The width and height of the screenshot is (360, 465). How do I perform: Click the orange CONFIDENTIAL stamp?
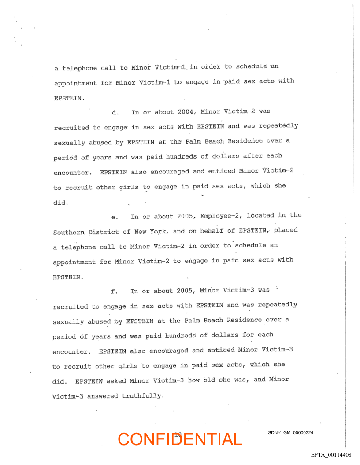pyautogui.click(x=180, y=439)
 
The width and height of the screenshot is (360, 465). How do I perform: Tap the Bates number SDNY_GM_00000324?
pyautogui.click(x=290, y=433)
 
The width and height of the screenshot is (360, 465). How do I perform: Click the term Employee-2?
pyautogui.click(x=221, y=216)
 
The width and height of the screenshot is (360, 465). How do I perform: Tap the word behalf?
pyautogui.click(x=212, y=231)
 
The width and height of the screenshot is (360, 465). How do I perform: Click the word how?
pyautogui.click(x=194, y=380)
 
